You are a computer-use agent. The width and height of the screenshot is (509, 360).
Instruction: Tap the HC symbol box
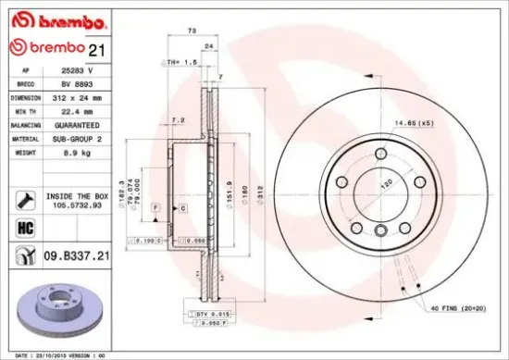[25, 226]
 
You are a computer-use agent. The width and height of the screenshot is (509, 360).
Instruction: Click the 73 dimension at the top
[192, 31]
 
